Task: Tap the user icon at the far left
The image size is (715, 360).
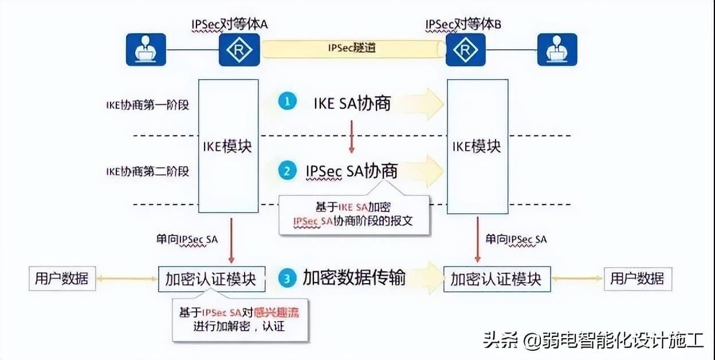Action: click(146, 50)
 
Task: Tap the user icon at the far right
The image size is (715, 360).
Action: click(557, 50)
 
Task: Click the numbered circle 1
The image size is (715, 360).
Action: click(288, 102)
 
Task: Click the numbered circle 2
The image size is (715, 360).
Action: click(288, 171)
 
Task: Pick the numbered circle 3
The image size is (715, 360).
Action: click(288, 279)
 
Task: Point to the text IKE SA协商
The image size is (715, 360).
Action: click(352, 103)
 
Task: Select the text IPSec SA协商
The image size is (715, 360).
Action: click(351, 171)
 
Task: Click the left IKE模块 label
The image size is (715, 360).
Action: click(228, 146)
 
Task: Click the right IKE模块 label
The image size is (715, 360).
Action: click(477, 146)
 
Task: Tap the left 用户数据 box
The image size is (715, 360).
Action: click(62, 279)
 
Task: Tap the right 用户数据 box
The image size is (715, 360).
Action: click(637, 279)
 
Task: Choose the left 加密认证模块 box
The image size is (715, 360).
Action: click(211, 279)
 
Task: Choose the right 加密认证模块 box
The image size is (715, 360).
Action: click(496, 279)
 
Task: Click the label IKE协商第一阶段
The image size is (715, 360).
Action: click(147, 105)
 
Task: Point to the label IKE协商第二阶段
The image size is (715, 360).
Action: click(147, 171)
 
